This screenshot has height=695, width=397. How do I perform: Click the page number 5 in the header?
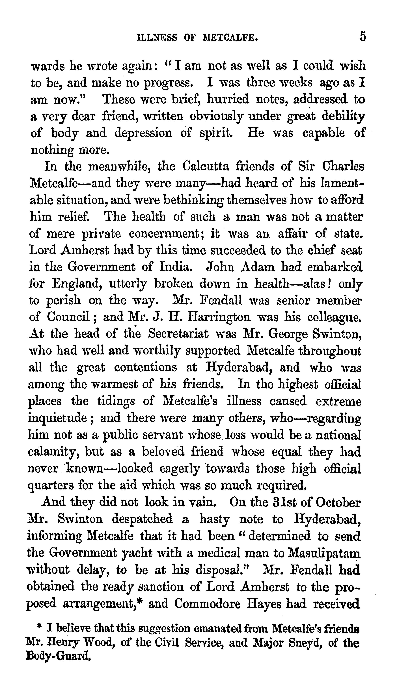362,37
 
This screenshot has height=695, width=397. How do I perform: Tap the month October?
334,502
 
